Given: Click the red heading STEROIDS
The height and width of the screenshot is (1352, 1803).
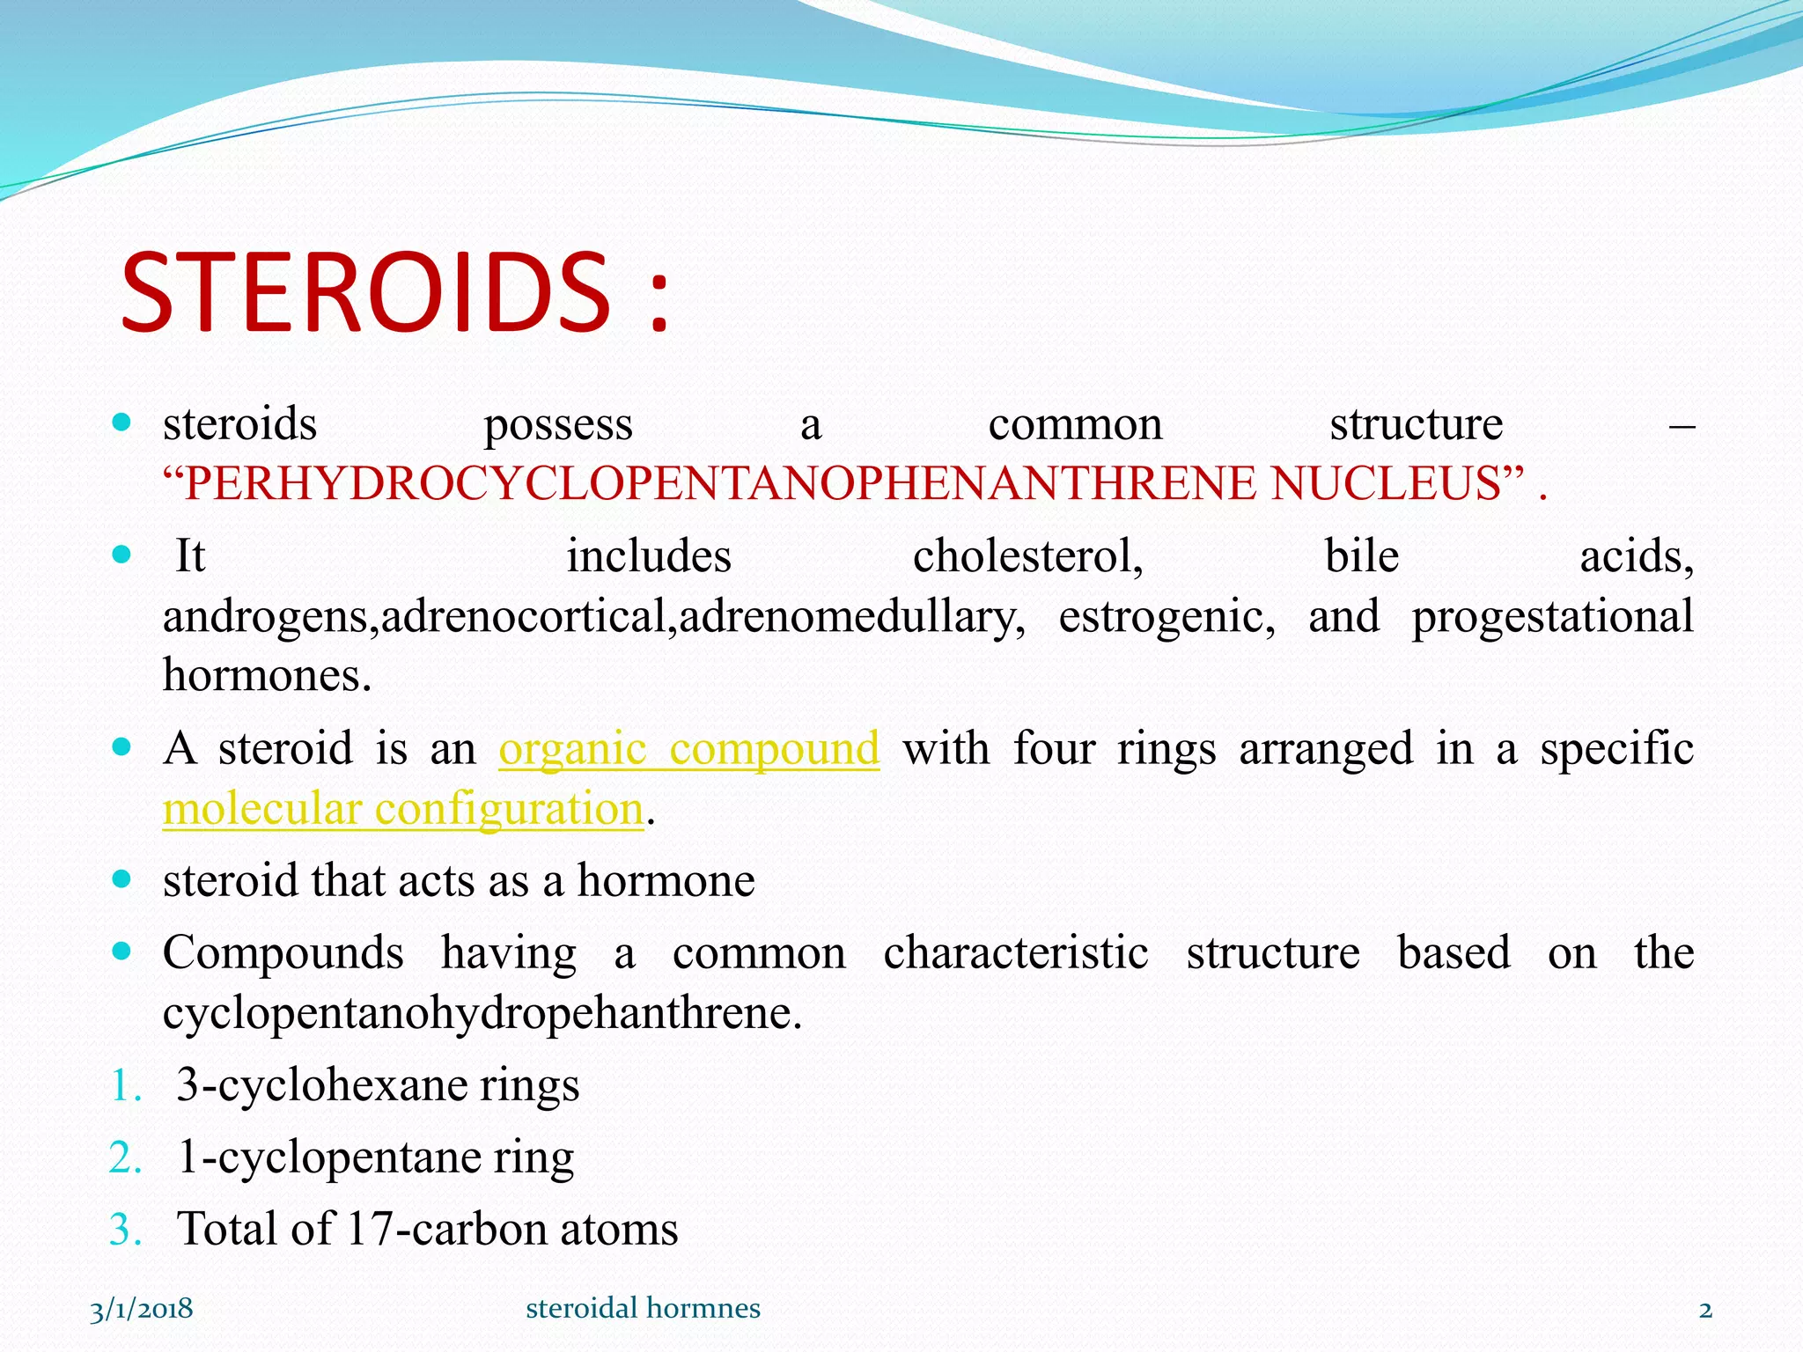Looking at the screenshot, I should coord(365,292).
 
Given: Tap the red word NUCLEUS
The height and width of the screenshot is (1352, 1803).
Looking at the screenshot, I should coord(1386,483).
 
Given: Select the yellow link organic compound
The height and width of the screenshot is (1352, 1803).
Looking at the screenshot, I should coord(688,749).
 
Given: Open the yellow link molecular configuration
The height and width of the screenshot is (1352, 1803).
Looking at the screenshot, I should coord(403,809).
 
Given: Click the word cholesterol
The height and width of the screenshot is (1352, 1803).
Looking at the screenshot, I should coord(1027,557).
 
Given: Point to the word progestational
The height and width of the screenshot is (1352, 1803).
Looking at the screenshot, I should coord(1552,616).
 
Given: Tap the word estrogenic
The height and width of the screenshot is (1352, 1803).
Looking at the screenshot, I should coord(1166,616).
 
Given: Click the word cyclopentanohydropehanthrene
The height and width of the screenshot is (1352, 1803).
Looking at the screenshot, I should coord(482,1013).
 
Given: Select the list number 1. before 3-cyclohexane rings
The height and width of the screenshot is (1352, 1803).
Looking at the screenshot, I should coord(126,1085).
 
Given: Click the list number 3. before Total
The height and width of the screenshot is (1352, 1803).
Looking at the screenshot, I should coord(126,1230).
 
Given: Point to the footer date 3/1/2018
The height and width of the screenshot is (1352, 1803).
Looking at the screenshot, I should coord(141,1309).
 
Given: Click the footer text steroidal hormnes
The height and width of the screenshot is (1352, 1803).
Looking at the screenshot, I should coord(643,1309).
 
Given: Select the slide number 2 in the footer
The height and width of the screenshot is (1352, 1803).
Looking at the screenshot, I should coord(1705,1310).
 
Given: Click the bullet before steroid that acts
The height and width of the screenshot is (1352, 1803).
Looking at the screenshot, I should coord(122,879).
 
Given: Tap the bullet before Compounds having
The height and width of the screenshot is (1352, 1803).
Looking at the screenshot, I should coord(122,952).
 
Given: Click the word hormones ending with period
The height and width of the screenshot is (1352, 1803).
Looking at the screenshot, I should coord(267,676).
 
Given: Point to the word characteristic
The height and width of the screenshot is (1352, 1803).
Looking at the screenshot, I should coord(1016,953).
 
